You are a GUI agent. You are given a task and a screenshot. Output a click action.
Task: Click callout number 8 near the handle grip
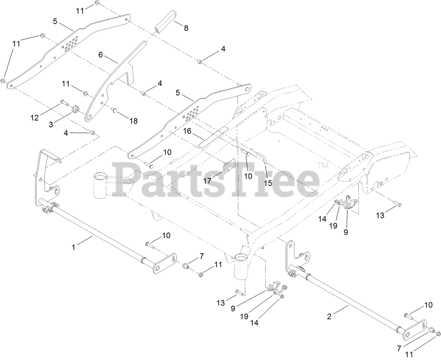[186, 28]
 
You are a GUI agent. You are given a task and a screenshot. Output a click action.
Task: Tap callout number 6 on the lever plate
[101, 55]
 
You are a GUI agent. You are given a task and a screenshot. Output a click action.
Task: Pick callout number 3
[51, 124]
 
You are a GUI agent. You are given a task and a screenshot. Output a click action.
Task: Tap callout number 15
[268, 182]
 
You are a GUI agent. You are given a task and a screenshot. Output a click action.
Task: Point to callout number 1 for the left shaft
[74, 247]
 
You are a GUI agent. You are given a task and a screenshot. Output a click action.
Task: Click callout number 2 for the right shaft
[329, 317]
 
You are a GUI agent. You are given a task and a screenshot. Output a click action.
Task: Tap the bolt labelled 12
[63, 102]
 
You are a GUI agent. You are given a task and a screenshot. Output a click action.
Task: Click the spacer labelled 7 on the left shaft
[185, 267]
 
